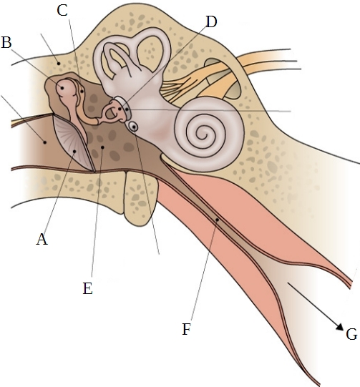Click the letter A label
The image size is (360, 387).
coord(42,240)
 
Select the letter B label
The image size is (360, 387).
coord(6,42)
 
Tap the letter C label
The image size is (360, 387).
coord(62,11)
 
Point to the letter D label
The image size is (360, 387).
coord(211,21)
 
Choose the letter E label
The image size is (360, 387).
coord(87,288)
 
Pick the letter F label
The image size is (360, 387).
coord(186,329)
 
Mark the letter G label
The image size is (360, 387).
coord(351,335)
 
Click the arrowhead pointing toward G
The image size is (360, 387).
coord(340,326)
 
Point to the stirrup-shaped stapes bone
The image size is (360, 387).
coord(114,112)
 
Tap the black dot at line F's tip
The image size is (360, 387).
coord(218,220)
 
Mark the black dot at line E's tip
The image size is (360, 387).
coord(102,147)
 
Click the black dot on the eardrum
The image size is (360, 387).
coord(75,151)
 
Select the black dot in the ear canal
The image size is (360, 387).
coord(44,142)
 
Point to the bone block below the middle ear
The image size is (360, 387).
coord(141,197)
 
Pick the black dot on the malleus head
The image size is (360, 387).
coord(62,87)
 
